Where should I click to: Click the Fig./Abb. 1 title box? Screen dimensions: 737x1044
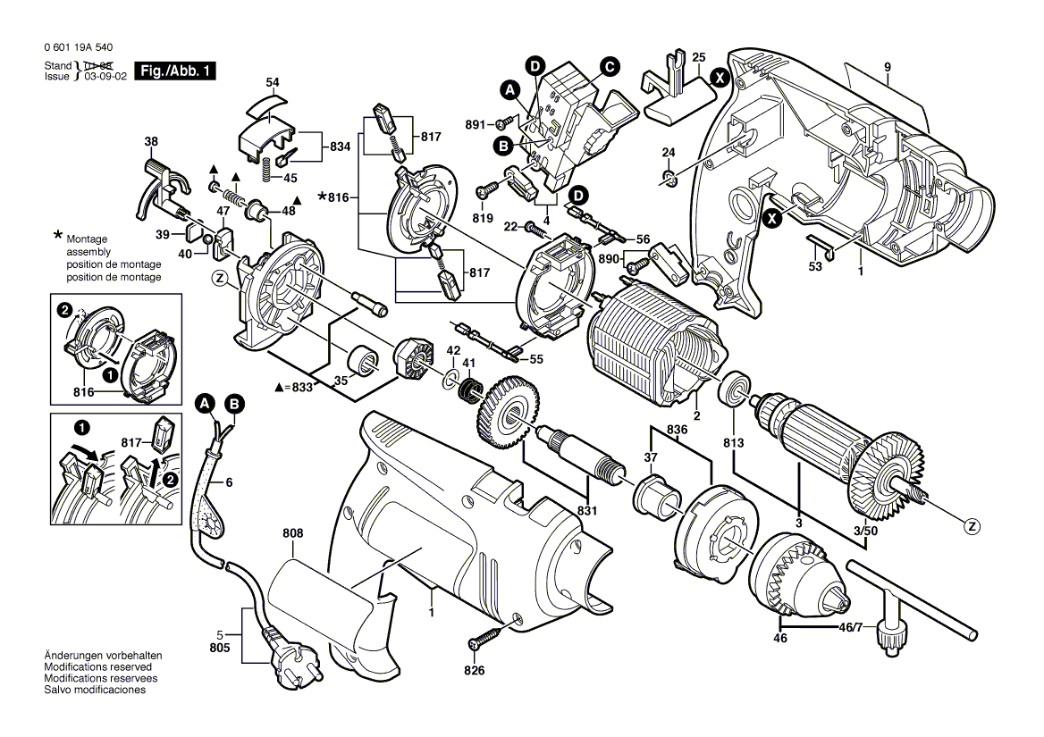click(x=175, y=71)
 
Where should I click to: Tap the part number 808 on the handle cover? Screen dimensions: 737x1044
click(x=292, y=533)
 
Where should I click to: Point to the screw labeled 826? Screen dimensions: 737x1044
click(x=482, y=641)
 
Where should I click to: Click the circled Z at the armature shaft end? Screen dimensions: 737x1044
click(x=972, y=526)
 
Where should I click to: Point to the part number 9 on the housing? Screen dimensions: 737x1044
click(x=888, y=67)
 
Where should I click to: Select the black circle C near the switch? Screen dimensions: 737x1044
click(x=610, y=65)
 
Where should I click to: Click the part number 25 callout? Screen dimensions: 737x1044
click(x=698, y=56)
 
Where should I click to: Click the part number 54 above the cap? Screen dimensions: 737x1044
click(x=273, y=82)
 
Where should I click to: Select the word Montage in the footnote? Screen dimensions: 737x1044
click(x=86, y=240)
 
